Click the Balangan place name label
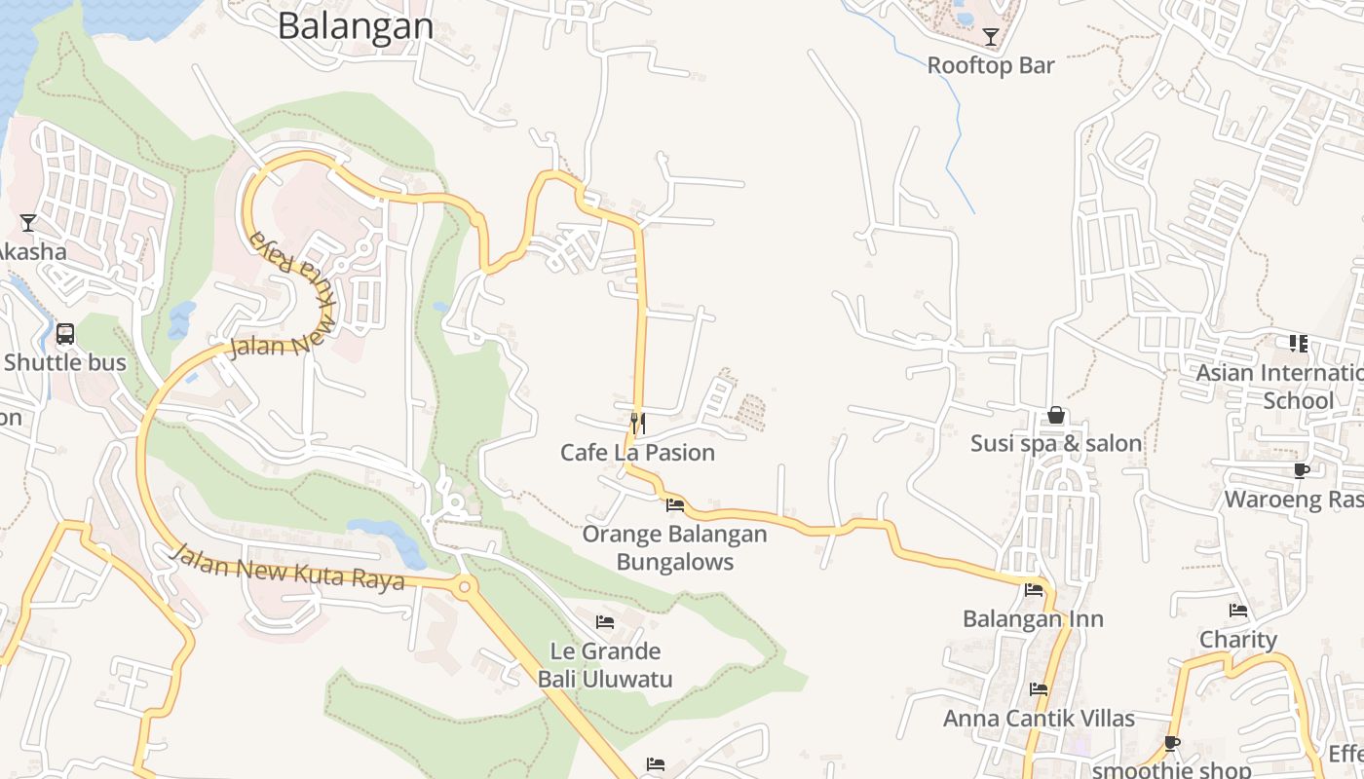click(356, 25)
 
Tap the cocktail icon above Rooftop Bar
click(991, 37)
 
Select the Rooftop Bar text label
click(991, 65)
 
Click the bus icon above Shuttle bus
click(65, 334)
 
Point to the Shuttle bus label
click(65, 362)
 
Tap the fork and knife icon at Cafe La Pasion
click(637, 423)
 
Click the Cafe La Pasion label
click(637, 452)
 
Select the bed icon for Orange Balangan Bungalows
click(674, 504)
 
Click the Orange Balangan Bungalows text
click(674, 547)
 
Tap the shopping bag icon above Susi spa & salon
click(1055, 416)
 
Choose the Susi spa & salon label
click(1055, 443)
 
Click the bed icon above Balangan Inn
click(1034, 590)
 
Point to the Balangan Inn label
click(1033, 618)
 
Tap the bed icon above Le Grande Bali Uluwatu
click(605, 622)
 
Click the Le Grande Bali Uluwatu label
click(605, 664)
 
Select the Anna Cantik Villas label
click(1039, 718)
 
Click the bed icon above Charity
click(1238, 611)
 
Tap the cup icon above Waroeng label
click(1301, 471)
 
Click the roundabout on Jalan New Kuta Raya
click(464, 586)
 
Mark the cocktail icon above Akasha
click(28, 223)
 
